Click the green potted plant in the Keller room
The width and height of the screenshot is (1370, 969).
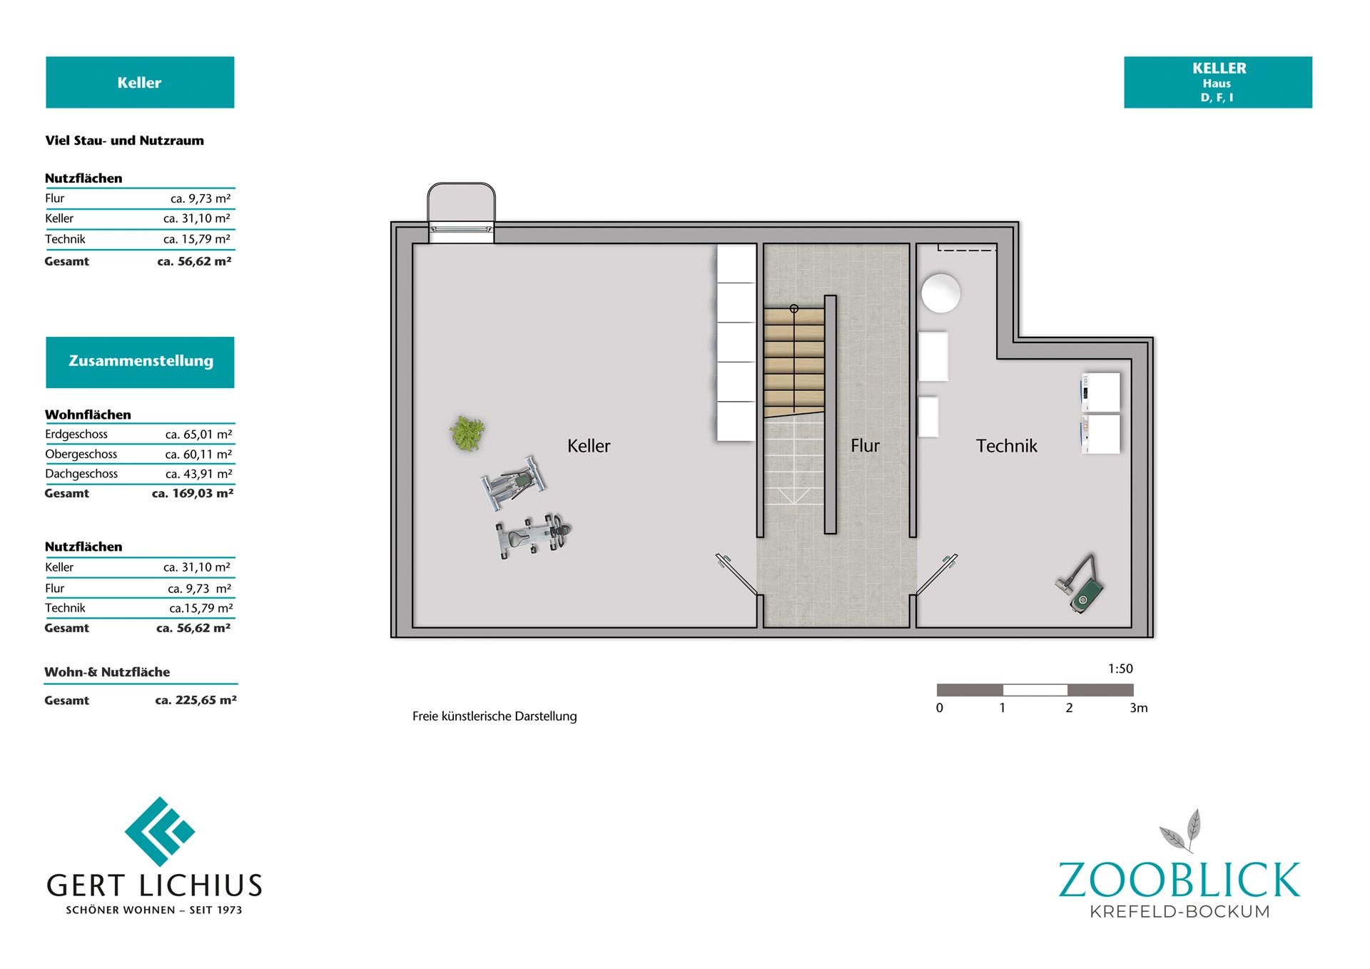467,433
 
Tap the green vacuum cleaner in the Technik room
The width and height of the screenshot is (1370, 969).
1081,585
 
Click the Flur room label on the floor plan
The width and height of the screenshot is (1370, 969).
865,446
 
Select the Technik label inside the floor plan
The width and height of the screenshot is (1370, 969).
1006,446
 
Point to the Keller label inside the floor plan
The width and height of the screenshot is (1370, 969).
589,446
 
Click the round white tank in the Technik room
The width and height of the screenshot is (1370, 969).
940,293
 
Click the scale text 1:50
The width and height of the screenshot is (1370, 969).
1120,669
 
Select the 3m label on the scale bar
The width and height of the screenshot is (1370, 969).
1139,708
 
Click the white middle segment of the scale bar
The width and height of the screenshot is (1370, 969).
1035,690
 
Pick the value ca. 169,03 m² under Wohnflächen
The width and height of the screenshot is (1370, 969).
193,493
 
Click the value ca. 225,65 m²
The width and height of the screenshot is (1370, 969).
196,700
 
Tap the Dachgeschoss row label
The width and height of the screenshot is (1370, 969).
81,474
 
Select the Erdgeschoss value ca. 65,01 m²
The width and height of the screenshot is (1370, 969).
198,434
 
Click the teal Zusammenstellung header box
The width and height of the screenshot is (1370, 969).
140,362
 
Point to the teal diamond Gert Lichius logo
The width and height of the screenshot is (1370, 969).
160,831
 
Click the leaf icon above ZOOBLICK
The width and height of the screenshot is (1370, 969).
1181,831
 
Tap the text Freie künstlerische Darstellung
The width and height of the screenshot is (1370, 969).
494,716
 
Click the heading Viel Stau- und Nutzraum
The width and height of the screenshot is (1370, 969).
124,141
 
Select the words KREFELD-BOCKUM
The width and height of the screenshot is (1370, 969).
1180,912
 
